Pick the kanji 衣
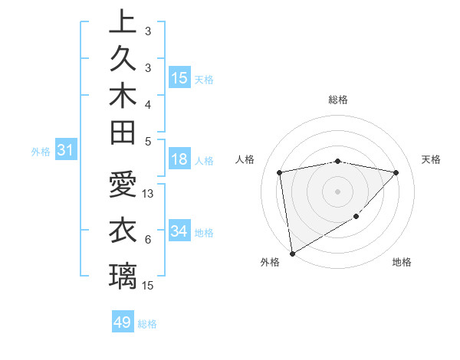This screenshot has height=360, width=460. click(x=123, y=231)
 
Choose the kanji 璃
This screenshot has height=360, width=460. click(x=123, y=276)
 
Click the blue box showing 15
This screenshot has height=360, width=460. click(x=179, y=77)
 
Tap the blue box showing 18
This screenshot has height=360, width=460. click(x=179, y=159)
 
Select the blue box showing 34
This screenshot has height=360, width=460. click(x=179, y=231)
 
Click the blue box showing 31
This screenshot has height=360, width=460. click(x=66, y=151)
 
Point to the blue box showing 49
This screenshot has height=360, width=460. click(x=123, y=322)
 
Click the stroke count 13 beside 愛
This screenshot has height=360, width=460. click(x=149, y=194)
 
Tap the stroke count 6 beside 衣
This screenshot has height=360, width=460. click(x=147, y=240)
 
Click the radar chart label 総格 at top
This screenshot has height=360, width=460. click(x=338, y=100)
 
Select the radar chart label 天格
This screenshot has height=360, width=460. click(x=432, y=159)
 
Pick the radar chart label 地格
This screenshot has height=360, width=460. click(x=402, y=262)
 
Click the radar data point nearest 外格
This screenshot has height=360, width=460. click(x=292, y=253)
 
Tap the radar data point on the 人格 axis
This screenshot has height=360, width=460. click(x=280, y=172)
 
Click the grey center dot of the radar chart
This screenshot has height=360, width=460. click(x=338, y=191)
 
